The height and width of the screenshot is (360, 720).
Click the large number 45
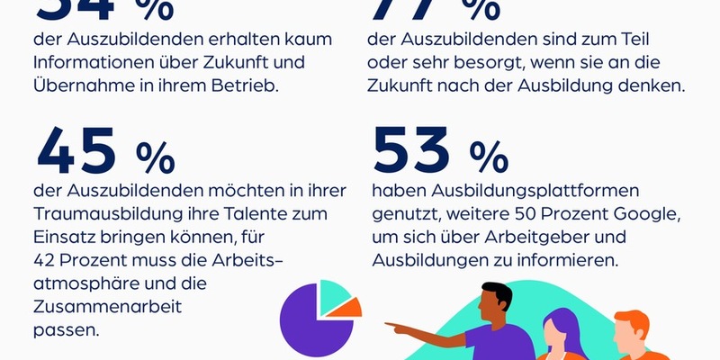coord(78,150)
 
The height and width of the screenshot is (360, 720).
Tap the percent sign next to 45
coord(155,157)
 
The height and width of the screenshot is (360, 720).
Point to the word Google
coord(642,214)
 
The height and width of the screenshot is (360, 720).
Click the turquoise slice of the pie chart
coord(333,293)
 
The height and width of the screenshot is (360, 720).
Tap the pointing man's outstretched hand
coord(394,325)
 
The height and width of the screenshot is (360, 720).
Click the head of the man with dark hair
coord(492,301)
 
